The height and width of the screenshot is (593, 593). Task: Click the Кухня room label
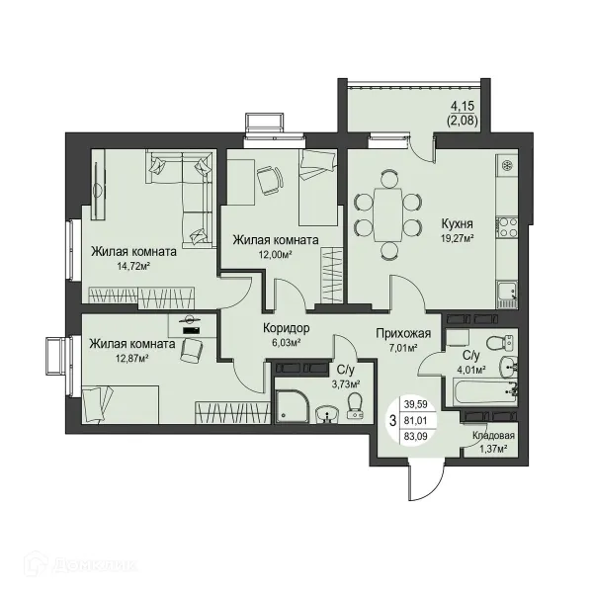click(458, 224)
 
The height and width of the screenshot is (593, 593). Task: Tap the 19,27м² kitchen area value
click(458, 238)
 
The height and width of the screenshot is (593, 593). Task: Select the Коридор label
click(286, 328)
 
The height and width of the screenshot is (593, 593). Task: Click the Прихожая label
click(403, 333)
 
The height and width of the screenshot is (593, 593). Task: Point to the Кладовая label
click(493, 435)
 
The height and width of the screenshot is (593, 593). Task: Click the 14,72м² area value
click(133, 266)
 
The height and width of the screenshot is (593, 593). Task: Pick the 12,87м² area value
click(132, 358)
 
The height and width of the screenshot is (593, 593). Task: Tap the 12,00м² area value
click(276, 255)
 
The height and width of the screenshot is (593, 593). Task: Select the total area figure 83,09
click(416, 436)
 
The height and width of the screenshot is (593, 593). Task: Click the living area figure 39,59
click(416, 404)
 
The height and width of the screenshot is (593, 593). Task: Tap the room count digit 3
click(393, 420)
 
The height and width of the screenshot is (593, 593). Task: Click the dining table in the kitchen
click(387, 214)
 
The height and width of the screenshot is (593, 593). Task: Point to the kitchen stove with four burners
click(507, 227)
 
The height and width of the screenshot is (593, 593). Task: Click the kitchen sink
click(507, 295)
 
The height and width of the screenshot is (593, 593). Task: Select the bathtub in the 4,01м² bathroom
click(481, 393)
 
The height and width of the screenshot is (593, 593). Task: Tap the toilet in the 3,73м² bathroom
click(355, 406)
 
